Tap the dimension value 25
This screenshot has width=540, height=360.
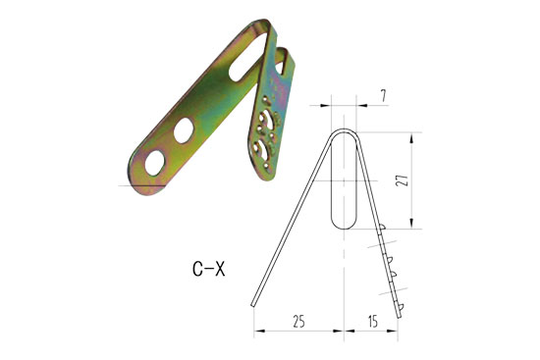point(297,321)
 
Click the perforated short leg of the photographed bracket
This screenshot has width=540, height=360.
point(269,132)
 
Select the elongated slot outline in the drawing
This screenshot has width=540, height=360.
point(342,181)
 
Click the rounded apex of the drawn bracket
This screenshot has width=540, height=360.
point(343,130)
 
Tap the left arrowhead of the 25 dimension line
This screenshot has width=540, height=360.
point(258,331)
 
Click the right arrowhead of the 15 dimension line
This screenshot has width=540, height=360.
point(398,331)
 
